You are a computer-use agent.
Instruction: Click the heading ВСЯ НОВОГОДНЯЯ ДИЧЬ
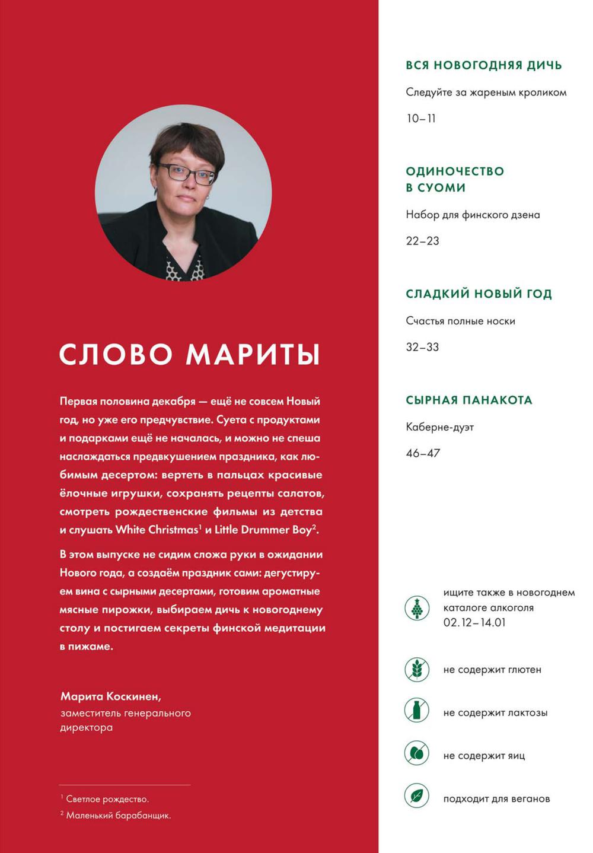tap(483, 65)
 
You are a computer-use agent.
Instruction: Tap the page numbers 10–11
tap(420, 119)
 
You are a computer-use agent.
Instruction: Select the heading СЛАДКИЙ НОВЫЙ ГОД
tap(479, 294)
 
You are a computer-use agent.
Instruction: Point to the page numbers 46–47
tap(423, 453)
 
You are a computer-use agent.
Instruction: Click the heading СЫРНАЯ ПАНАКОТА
tap(468, 400)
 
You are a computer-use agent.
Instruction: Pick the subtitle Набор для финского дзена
tap(473, 215)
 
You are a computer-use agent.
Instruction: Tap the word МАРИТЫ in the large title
tap(253, 354)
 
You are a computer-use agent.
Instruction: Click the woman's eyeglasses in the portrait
tap(186, 173)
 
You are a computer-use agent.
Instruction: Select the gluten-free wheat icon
tap(417, 669)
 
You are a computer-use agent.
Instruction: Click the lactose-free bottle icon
tap(417, 710)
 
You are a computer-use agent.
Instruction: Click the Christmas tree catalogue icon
tap(417, 608)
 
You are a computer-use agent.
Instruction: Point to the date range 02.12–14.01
tap(474, 623)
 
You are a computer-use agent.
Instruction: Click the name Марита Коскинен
tap(110, 696)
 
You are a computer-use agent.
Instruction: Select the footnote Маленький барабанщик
tap(118, 816)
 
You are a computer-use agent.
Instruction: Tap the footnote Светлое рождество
tap(107, 799)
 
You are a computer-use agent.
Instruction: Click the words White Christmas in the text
tap(156, 530)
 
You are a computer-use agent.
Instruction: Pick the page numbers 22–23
tap(422, 241)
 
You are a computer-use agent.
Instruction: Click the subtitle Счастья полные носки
tap(460, 321)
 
